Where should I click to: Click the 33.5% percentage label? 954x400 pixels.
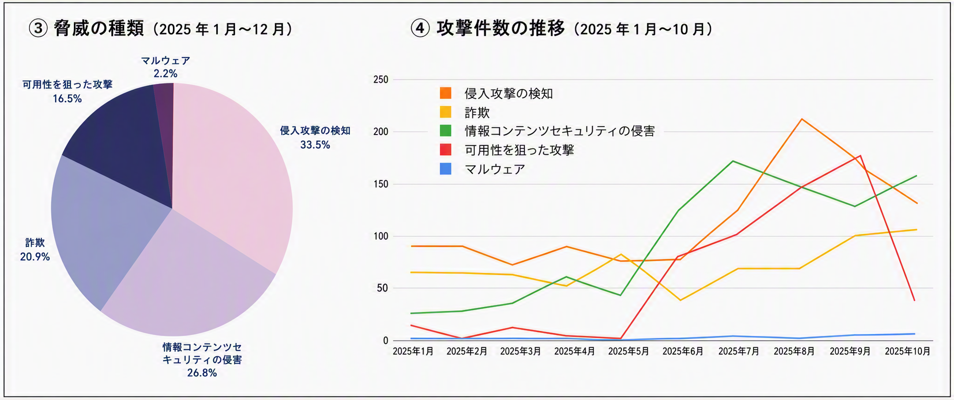[x=315, y=145]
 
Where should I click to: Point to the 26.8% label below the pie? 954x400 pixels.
[x=202, y=373]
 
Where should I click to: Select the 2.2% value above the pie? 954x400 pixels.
[x=165, y=73]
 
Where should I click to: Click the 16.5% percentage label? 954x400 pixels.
[x=67, y=99]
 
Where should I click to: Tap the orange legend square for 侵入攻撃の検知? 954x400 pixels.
[x=445, y=93]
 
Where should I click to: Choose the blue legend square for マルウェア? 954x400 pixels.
[x=445, y=169]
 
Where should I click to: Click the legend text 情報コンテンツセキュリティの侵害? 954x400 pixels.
[x=559, y=131]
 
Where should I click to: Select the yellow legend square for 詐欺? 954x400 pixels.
[x=445, y=112]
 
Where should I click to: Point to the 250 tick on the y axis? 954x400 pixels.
[x=380, y=79]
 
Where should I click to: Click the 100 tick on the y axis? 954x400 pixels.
[x=380, y=236]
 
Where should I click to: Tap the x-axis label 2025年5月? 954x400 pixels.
[x=628, y=351]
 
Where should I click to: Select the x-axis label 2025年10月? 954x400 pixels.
[x=907, y=351]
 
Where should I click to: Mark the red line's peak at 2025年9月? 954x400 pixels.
[x=860, y=156]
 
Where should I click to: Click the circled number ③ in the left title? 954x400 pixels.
[x=38, y=29]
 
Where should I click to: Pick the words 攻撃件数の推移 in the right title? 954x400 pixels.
[x=500, y=28]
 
